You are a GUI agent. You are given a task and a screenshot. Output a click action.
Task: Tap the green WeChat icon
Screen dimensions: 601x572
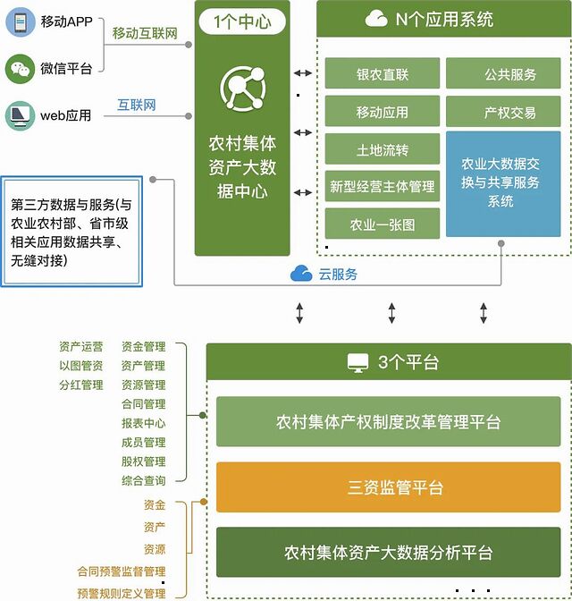coord(19,68)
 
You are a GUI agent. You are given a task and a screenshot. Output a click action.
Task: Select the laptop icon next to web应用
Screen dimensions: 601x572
coord(19,114)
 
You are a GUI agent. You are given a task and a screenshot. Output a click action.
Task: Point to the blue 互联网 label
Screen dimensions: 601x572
coord(137,106)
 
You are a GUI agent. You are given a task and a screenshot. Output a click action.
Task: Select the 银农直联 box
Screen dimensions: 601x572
coord(383,74)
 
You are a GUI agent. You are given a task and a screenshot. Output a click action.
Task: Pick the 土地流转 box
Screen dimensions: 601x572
coord(383,149)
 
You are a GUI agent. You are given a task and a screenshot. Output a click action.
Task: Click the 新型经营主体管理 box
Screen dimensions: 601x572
coord(383,187)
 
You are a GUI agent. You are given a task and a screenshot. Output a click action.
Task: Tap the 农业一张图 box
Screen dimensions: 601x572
coord(383,224)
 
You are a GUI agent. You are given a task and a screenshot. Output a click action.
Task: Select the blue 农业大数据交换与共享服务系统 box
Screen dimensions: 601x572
coord(503,183)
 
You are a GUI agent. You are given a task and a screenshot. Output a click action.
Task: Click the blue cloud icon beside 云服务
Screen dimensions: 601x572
coord(301,274)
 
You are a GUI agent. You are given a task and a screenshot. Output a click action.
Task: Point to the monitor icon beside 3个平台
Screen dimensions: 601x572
coord(357,362)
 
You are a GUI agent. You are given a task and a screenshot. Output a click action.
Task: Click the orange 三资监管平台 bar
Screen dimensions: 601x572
coord(388,487)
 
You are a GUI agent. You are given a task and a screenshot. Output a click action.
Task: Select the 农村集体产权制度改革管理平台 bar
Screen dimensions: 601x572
coord(388,422)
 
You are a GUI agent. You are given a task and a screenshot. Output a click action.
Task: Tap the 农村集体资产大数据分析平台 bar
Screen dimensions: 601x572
coord(388,552)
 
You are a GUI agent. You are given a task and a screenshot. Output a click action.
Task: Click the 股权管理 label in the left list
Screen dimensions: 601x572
coord(143,461)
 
